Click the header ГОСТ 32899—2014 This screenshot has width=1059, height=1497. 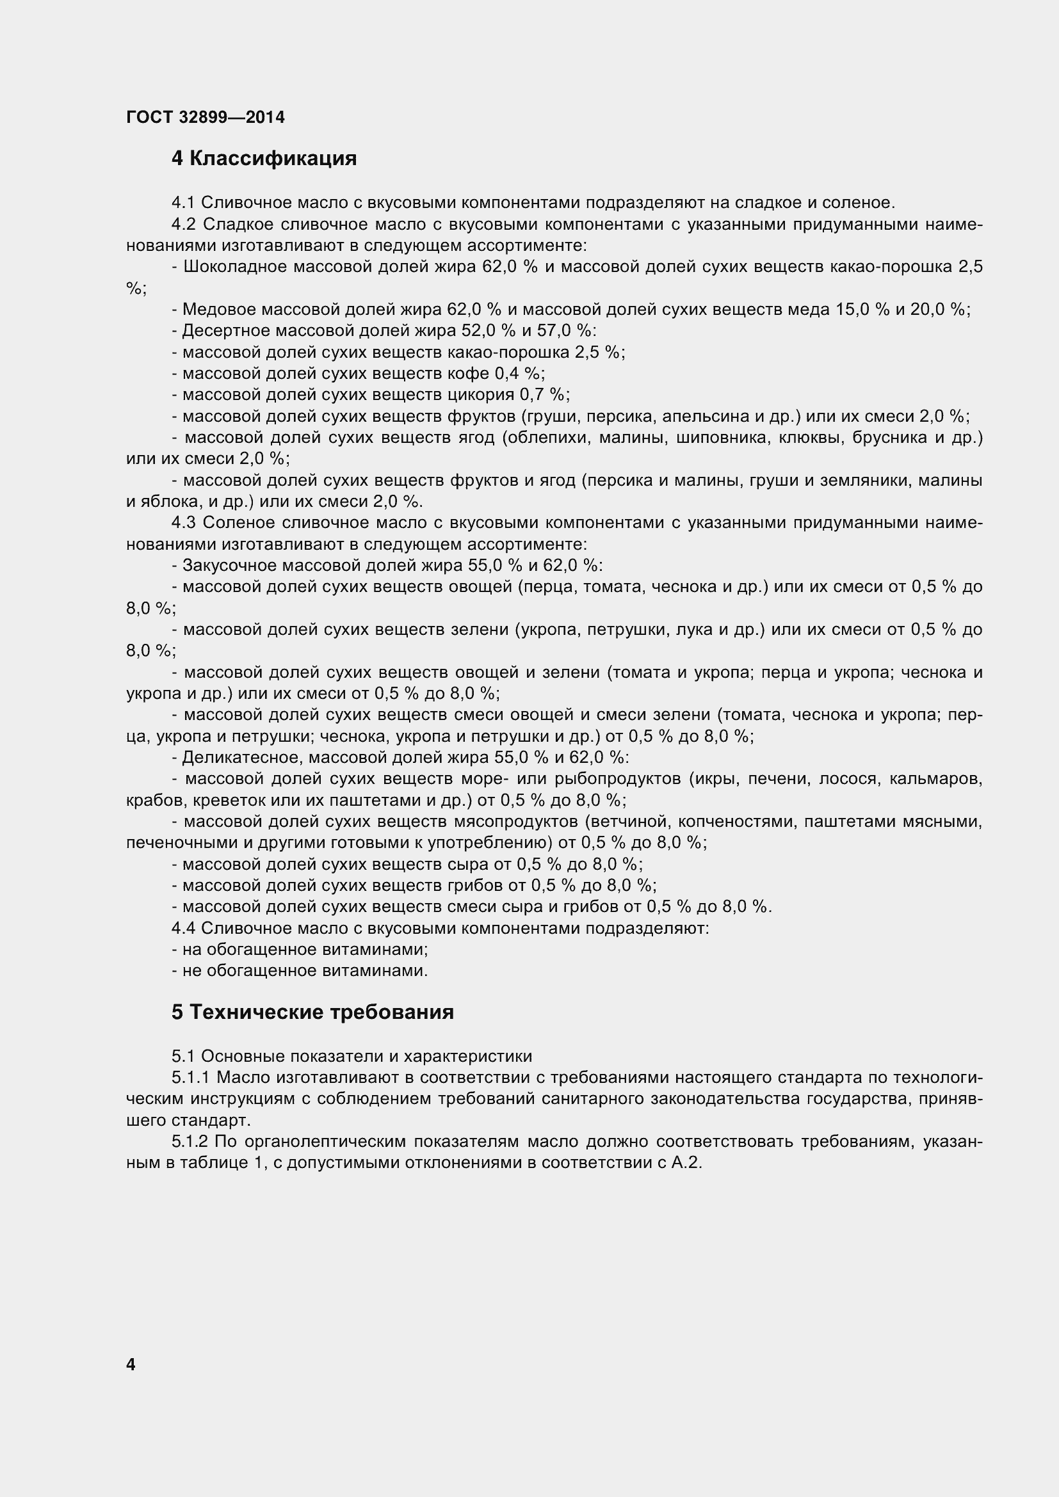[206, 117]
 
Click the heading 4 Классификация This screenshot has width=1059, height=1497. [264, 159]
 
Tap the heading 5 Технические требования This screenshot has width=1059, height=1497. [312, 1012]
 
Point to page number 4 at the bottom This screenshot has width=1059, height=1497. [131, 1364]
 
